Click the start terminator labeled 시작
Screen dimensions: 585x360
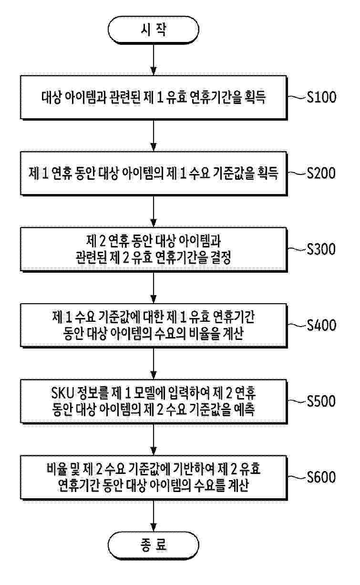(x=153, y=30)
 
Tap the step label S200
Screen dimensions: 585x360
(x=322, y=173)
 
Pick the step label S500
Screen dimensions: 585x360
(x=322, y=401)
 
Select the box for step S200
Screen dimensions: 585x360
(x=153, y=174)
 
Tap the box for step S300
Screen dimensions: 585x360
(x=153, y=250)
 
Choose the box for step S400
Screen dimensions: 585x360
(x=153, y=326)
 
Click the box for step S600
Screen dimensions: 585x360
(x=153, y=478)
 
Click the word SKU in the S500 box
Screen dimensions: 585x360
(x=61, y=394)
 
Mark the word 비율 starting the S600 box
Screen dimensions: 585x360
(x=54, y=470)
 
